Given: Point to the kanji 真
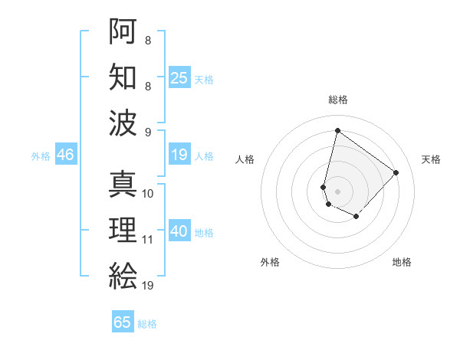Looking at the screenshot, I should click(123, 184).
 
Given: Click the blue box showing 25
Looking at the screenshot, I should click(179, 78).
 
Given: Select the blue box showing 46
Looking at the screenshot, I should click(65, 155).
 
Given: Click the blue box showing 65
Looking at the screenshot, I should click(123, 322).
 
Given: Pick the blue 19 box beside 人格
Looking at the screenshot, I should click(179, 155).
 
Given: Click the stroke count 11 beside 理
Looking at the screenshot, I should click(148, 240).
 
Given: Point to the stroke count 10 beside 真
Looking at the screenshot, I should click(148, 194).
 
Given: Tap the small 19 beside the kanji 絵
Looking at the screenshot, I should click(148, 286).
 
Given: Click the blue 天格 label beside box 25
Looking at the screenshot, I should click(204, 80).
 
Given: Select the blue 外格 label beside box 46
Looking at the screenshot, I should click(41, 156).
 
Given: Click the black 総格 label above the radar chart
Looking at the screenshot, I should click(337, 100).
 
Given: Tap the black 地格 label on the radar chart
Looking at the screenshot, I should click(402, 262).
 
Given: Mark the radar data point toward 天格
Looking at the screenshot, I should click(396, 172).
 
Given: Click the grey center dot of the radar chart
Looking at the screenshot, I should click(337, 191).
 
